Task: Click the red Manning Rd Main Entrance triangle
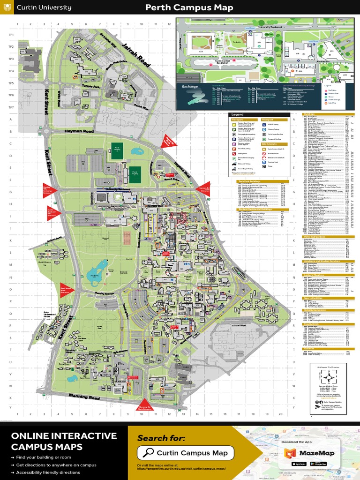tap(144, 406)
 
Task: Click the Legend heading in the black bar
tap(238, 115)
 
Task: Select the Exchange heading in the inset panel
tap(190, 87)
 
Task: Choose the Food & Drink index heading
tap(311, 323)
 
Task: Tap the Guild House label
tap(45, 262)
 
